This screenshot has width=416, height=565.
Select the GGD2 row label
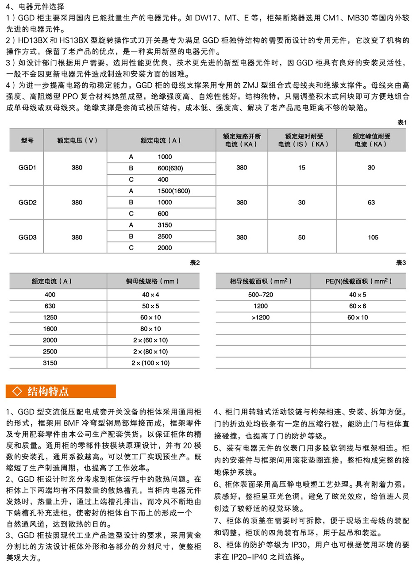click(x=27, y=202)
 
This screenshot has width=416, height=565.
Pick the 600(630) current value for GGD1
click(x=170, y=168)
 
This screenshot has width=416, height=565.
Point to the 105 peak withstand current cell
click(x=373, y=237)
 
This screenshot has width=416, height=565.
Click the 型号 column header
click(x=27, y=140)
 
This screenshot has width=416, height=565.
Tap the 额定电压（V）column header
click(x=77, y=140)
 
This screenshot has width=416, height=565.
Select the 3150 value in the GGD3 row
click(x=165, y=225)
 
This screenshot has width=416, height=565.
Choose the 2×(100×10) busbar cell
click(x=151, y=363)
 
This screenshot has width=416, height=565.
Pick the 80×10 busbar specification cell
click(x=151, y=329)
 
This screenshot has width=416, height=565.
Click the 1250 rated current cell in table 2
click(x=50, y=317)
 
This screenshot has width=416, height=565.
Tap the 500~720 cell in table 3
click(x=261, y=294)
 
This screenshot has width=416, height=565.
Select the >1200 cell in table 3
click(x=261, y=317)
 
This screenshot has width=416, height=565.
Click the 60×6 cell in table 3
click(x=358, y=306)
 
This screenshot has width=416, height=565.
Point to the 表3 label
click(x=401, y=263)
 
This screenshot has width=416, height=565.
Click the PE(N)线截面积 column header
click(x=358, y=281)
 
